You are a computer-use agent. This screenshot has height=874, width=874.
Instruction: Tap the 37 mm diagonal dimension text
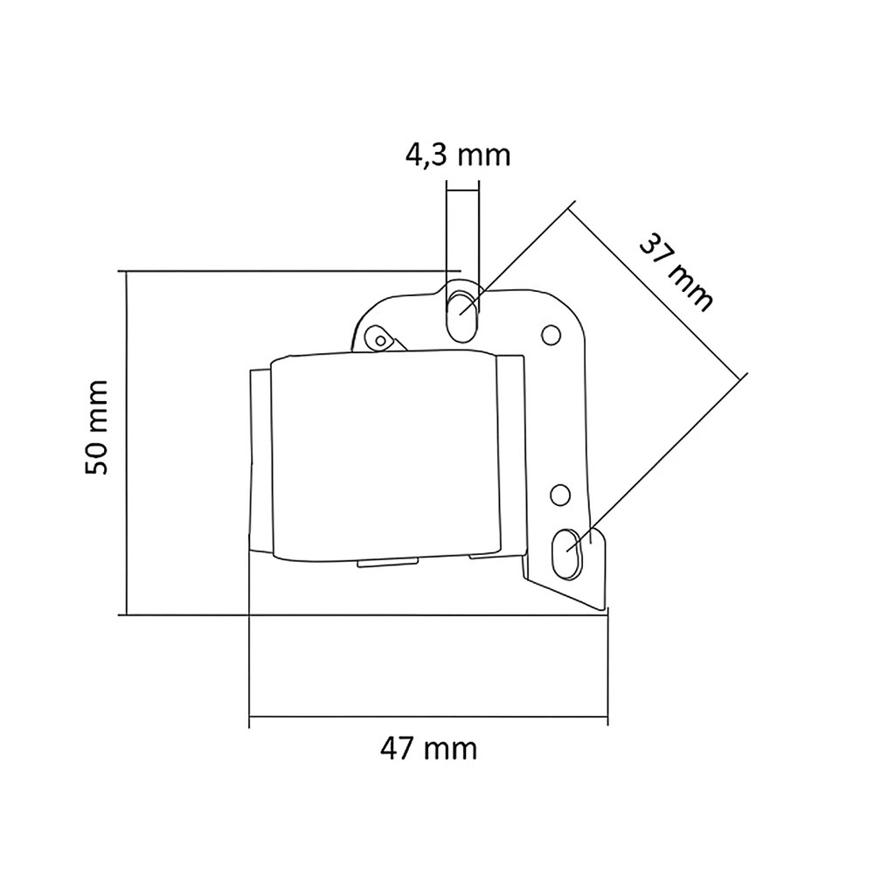click(x=676, y=271)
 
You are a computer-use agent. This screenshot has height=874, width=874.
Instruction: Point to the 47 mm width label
click(x=429, y=749)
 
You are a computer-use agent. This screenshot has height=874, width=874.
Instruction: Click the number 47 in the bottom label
click(x=399, y=749)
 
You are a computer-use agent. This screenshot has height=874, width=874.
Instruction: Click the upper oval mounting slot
click(x=461, y=312)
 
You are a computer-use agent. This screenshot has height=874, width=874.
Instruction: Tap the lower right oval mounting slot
click(x=569, y=551)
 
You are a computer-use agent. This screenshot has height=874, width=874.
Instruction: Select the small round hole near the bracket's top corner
click(x=550, y=334)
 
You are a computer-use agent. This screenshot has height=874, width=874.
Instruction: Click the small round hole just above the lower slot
click(x=557, y=496)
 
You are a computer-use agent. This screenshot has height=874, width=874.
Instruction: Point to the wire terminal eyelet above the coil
click(x=380, y=336)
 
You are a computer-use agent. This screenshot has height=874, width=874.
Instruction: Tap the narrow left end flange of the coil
click(x=260, y=460)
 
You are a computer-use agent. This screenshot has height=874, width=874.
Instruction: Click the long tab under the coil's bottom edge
click(x=389, y=564)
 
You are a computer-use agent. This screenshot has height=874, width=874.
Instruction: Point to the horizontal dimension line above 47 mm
click(x=428, y=722)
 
